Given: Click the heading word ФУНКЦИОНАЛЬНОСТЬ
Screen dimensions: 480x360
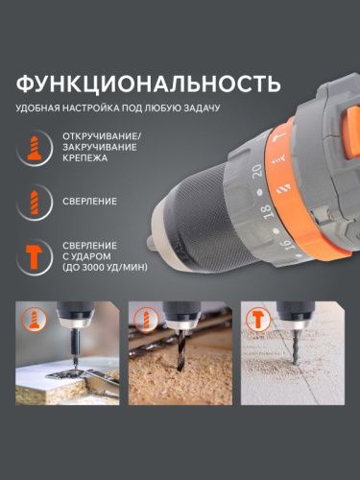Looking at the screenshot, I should click(x=148, y=81).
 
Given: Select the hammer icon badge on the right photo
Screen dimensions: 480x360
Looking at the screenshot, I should click(x=258, y=316).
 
